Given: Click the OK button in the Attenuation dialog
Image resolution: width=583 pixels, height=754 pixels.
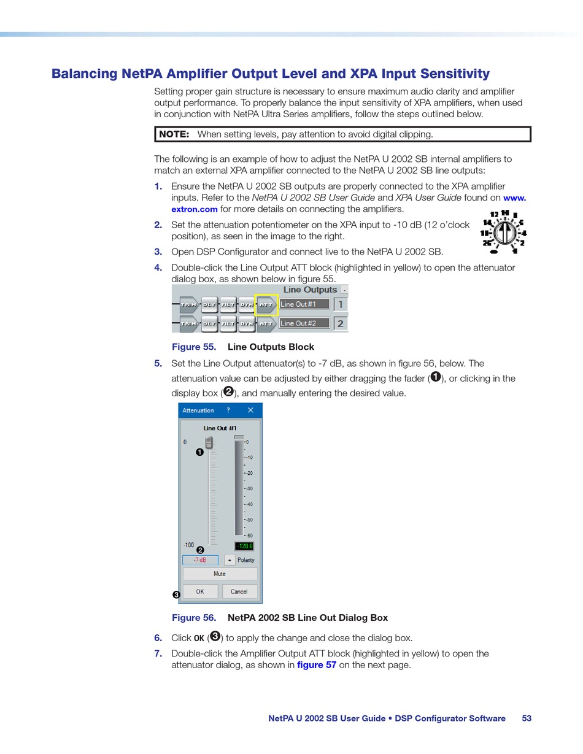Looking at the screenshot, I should (200, 591).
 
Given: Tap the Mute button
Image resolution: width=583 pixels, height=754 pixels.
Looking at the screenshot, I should (220, 574).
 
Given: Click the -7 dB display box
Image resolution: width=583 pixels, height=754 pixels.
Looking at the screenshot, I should (200, 560).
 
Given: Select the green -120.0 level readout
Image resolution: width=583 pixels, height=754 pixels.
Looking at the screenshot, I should (244, 546).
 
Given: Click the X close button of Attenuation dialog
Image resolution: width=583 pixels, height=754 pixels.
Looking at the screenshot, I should (250, 410).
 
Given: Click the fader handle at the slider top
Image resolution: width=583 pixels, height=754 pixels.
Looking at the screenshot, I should (209, 442).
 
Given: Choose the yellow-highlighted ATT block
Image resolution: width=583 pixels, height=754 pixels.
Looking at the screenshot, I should (266, 305).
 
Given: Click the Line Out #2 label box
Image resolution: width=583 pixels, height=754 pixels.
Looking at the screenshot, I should (304, 323).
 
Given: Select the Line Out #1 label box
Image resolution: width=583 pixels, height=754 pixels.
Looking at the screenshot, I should (304, 304).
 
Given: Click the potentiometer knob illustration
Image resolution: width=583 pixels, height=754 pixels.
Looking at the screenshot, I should (504, 233).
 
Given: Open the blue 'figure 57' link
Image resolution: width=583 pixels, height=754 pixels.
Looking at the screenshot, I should (317, 665).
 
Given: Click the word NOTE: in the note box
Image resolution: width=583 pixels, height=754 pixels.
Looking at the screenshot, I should (174, 134).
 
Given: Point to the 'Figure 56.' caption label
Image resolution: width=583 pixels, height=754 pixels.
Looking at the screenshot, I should (193, 618).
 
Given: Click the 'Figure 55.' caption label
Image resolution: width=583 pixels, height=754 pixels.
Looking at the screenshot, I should (193, 347).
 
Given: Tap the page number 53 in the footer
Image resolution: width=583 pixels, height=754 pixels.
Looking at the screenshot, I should (527, 718).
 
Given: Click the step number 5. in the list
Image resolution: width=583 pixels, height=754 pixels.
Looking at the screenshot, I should (158, 364).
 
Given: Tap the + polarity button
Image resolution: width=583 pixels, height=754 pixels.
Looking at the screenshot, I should (230, 560).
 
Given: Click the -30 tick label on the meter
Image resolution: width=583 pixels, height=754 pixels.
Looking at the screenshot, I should (249, 488).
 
